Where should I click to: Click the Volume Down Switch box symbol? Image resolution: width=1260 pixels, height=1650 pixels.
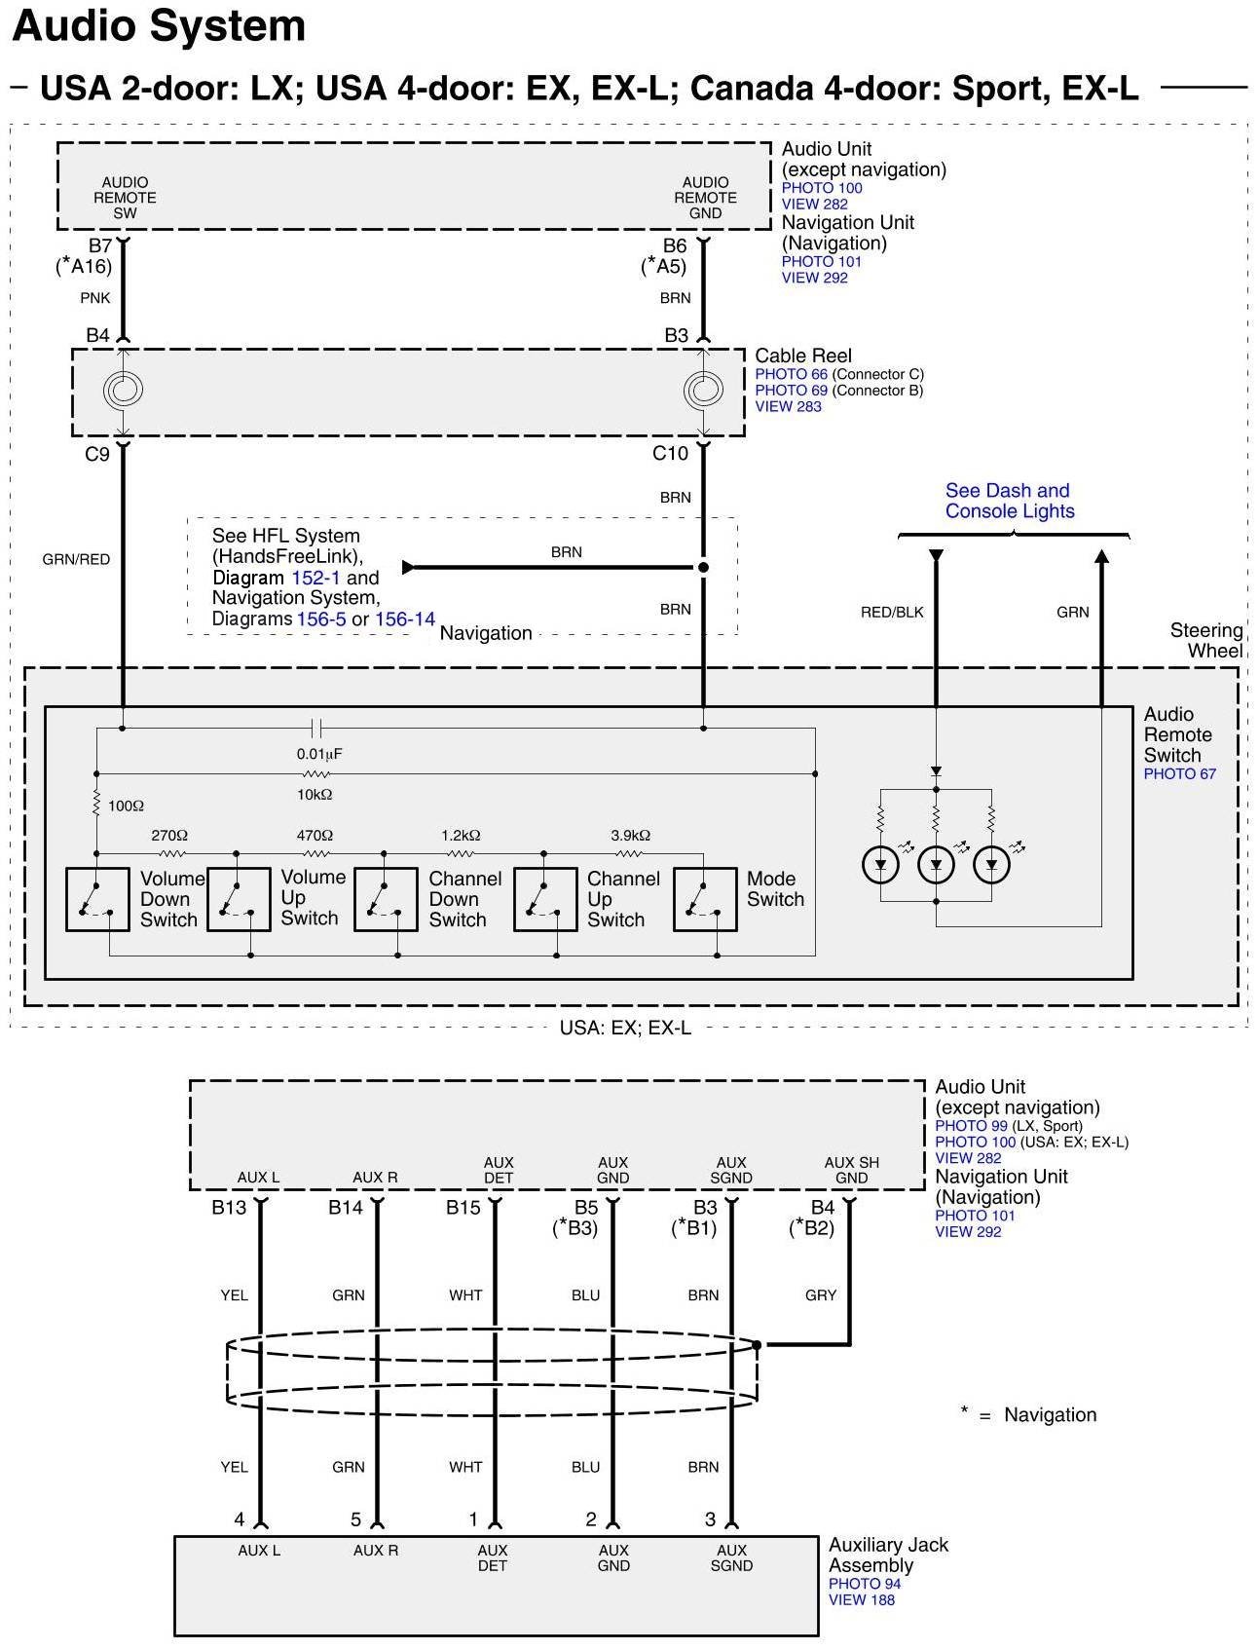pos(97,899)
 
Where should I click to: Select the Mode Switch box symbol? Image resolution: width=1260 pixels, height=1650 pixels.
pos(705,899)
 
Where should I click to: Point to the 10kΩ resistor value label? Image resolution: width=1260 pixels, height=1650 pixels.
pos(315,795)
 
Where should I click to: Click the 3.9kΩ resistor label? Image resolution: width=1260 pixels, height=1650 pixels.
pos(630,836)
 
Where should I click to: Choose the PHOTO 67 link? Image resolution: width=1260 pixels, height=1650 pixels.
pos(1179,774)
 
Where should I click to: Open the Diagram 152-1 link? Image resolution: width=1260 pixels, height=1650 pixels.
pos(315,578)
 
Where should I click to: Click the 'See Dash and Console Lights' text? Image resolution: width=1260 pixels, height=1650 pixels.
pos(1009,501)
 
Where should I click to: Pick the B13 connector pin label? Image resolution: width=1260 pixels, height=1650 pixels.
pos(229,1209)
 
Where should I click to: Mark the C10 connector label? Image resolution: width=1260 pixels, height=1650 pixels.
pos(670,454)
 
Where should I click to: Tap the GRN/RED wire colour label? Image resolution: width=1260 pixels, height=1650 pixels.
pos(76,560)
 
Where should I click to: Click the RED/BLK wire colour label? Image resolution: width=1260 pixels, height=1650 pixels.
pos(892,613)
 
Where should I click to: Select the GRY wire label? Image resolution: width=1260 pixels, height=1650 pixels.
pos(821,1295)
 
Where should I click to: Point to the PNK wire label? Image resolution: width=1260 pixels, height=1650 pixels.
pos(95,298)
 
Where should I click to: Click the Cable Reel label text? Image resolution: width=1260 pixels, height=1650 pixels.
pos(803,356)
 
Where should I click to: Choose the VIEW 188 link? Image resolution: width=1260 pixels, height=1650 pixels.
pos(861,1599)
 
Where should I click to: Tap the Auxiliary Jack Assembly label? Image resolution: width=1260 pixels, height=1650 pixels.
pos(888,1555)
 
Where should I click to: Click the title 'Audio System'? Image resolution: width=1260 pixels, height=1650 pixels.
pos(159,26)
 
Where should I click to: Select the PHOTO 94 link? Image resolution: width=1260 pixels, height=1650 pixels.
pos(865,1584)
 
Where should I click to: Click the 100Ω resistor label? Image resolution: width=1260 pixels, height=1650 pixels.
pos(126,806)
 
